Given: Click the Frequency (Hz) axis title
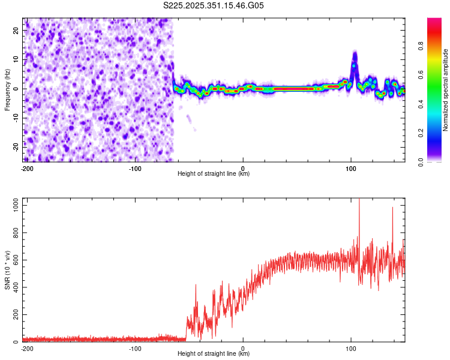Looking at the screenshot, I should pyautogui.click(x=7, y=89).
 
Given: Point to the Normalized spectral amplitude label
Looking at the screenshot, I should pyautogui.click(x=445, y=89).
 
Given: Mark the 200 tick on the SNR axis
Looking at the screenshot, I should pyautogui.click(x=14, y=315).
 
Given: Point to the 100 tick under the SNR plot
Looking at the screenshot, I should pyautogui.click(x=351, y=348).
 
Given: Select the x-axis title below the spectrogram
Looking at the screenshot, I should pyautogui.click(x=214, y=174).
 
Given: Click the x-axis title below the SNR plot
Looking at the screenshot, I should pyautogui.click(x=214, y=354).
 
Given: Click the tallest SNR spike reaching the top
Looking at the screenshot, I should pyautogui.click(x=359, y=202).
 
